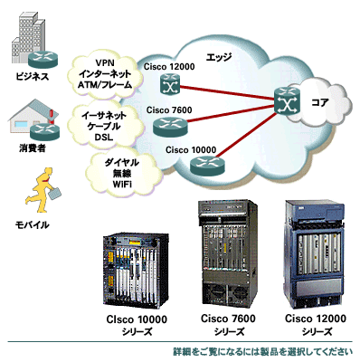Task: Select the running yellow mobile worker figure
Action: point(42,190)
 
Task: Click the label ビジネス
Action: point(33,77)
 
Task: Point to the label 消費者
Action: point(32,148)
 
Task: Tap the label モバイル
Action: point(32,224)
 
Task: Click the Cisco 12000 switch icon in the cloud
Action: point(170,83)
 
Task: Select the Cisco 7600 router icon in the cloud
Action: point(170,126)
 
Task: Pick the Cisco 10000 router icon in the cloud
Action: point(207,166)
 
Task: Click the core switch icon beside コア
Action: point(288,101)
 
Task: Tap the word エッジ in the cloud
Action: point(219,57)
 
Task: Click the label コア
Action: point(319,102)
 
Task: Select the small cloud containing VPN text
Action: point(105,74)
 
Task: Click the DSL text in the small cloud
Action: point(104,138)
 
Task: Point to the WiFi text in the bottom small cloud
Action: point(122,184)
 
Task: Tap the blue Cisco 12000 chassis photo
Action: point(315,255)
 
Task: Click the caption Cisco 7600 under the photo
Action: point(228,319)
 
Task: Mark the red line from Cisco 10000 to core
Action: point(246,136)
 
